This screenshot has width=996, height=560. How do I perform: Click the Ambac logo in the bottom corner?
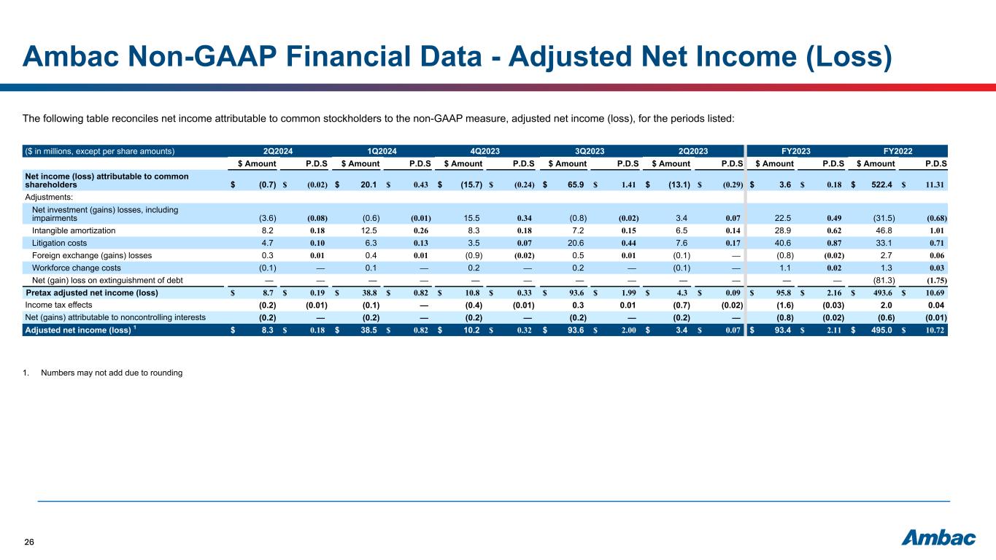pyautogui.click(x=939, y=538)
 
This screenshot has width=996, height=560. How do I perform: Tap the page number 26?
pyautogui.click(x=30, y=542)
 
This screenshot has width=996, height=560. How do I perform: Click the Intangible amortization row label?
pyautogui.click(x=74, y=230)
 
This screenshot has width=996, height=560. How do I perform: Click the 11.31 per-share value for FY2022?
pyautogui.click(x=936, y=185)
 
